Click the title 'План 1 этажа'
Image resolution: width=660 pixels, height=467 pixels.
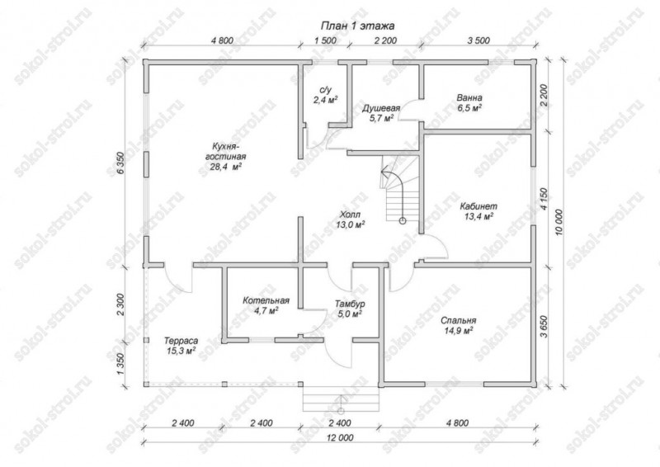tap(357, 26)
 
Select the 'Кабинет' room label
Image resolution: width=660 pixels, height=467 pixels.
tap(478, 206)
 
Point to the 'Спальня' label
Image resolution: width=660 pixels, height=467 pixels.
tap(459, 321)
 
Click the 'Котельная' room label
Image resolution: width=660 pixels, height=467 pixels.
tap(266, 300)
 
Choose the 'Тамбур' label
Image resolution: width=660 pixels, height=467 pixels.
tap(350, 304)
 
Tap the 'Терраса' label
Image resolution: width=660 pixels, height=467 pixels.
tap(181, 341)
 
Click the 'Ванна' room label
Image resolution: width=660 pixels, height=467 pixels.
tap(469, 97)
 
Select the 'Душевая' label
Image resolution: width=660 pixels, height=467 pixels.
tap(381, 108)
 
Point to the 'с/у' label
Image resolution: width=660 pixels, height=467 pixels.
tap(326, 90)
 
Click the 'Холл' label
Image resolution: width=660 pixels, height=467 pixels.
tap(350, 215)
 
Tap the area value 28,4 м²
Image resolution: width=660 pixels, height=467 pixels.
tap(225, 167)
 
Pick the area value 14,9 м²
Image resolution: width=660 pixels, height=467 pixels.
tap(459, 331)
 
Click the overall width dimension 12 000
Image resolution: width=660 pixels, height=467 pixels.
tap(340, 437)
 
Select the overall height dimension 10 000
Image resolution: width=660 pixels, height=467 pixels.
tap(559, 222)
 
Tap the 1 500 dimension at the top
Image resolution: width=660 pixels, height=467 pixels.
tap(325, 41)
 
